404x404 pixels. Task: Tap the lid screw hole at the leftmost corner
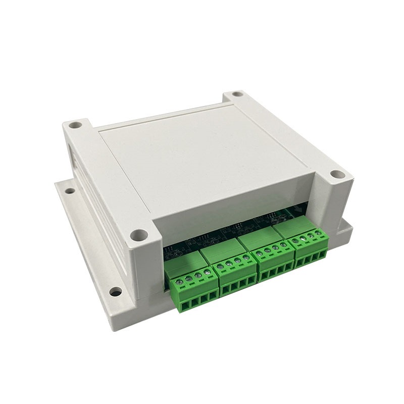pyautogui.click(x=76, y=123)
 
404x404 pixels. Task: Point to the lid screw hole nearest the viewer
pyautogui.click(x=141, y=234)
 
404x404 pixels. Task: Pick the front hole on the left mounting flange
pyautogui.click(x=116, y=291)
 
